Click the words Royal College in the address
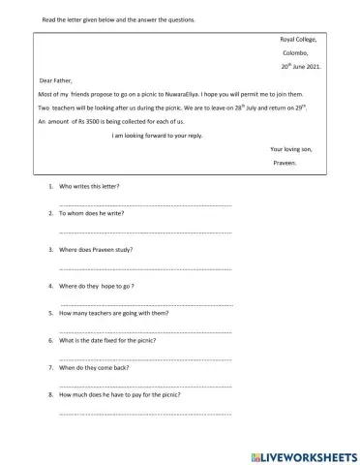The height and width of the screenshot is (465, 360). click(x=297, y=40)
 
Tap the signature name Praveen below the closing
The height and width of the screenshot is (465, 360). click(x=287, y=164)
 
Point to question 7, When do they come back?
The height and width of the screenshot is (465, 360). click(x=100, y=368)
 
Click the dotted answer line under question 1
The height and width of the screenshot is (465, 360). click(x=145, y=205)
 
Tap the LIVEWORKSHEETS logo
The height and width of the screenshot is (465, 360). click(x=303, y=453)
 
